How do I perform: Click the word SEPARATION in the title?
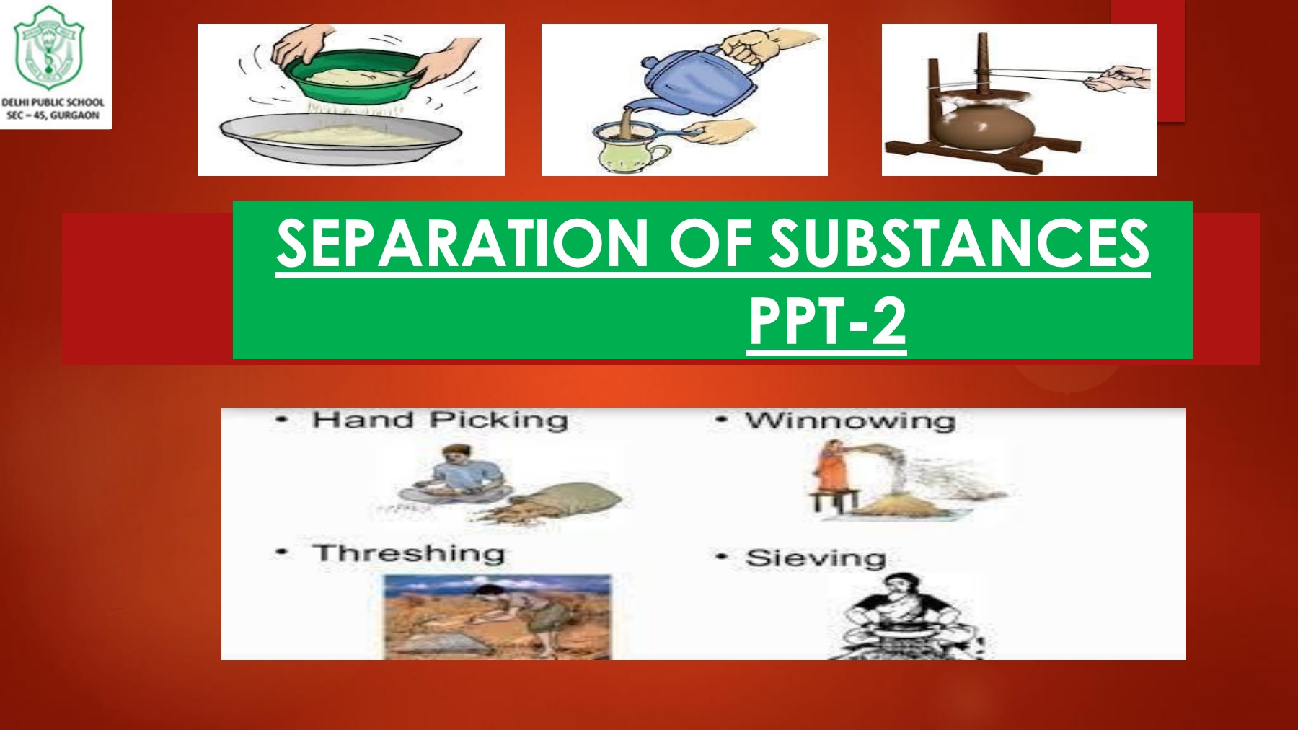(462, 243)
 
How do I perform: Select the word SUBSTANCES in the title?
(958, 243)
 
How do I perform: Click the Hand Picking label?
(440, 420)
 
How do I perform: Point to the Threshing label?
(408, 554)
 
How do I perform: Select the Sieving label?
(816, 558)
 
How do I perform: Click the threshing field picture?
(497, 617)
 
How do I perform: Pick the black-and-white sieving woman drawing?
(905, 617)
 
